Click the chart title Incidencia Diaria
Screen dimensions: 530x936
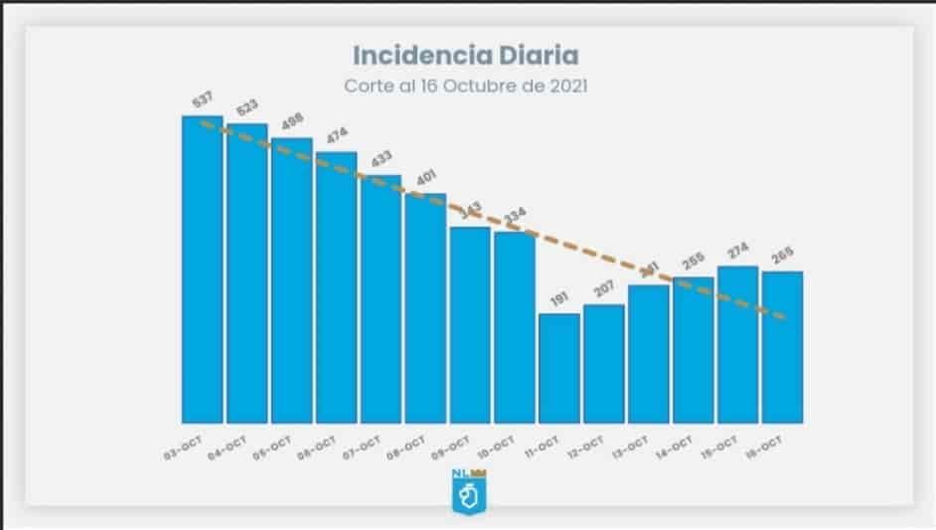[467, 54]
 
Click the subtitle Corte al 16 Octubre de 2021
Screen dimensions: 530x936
[466, 86]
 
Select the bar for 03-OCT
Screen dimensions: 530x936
[202, 268]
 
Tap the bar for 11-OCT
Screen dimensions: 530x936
[559, 368]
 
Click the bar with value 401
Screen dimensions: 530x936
[425, 308]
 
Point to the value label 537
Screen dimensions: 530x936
[203, 99]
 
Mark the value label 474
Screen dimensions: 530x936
[338, 135]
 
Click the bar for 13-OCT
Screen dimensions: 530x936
[649, 353]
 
